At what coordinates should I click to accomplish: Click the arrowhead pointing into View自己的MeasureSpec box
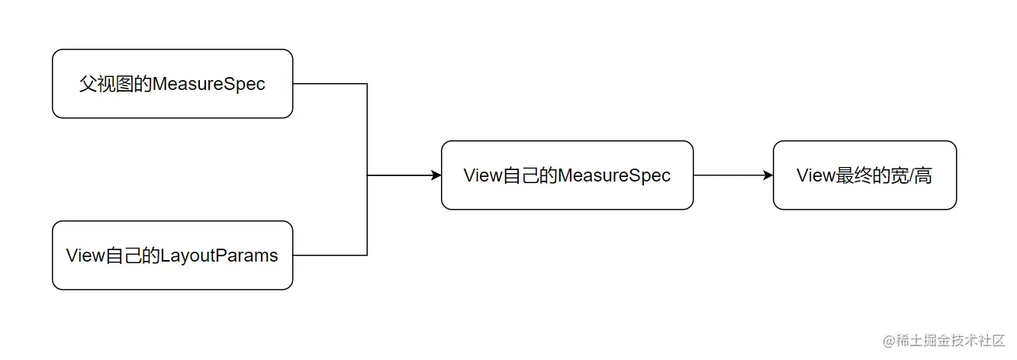pyautogui.click(x=436, y=175)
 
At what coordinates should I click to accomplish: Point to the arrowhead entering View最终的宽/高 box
pyautogui.click(x=768, y=175)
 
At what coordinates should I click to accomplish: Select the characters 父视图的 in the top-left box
pyautogui.click(x=115, y=84)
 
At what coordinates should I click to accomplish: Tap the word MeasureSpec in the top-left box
pyautogui.click(x=209, y=84)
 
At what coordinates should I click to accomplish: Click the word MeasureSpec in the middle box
pyautogui.click(x=614, y=175)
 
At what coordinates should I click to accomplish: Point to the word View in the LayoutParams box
pyautogui.click(x=84, y=256)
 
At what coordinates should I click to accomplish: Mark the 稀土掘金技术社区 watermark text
pyautogui.click(x=950, y=339)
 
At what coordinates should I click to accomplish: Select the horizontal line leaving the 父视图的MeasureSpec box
pyautogui.click(x=330, y=84)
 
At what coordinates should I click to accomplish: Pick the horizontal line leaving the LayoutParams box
pyautogui.click(x=330, y=255)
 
